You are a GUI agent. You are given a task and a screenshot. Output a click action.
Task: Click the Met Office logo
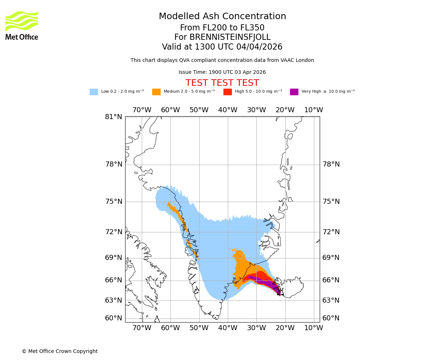coord(22,25)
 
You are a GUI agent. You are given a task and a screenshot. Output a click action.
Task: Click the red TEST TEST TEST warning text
coord(222,83)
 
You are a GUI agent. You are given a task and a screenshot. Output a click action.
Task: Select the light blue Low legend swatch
coord(94,92)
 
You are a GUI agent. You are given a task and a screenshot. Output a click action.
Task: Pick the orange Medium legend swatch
coord(156,92)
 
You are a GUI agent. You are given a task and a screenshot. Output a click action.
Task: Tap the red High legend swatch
coord(227,92)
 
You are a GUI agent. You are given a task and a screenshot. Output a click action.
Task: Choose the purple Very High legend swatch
coord(294,92)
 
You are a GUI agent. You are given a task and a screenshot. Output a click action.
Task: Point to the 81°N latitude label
coord(114,117)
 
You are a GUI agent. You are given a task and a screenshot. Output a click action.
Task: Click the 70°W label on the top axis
coord(142,110)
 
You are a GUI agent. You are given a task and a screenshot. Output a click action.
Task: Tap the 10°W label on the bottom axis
coord(314,328)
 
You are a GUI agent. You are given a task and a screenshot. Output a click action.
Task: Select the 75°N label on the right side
coord(331,202)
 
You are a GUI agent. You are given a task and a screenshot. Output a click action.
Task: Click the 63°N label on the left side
coord(114,300)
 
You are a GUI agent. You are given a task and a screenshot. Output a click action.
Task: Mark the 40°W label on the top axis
coord(228,110)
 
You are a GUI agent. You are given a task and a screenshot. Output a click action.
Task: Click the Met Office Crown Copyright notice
coord(60,351)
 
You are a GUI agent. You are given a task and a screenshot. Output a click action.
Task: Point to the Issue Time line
coord(222,72)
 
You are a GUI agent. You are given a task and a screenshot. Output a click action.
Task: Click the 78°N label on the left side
coord(114,164)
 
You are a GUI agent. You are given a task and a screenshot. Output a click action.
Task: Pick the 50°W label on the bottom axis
coord(199,328)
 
